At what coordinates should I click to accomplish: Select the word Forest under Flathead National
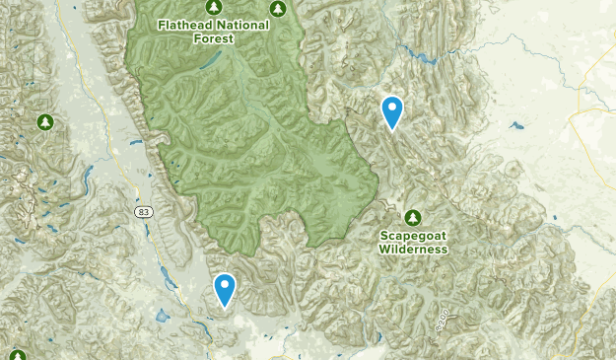tap(214, 39)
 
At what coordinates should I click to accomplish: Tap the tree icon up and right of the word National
tap(278, 8)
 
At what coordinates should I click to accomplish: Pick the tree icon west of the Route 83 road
tap(44, 121)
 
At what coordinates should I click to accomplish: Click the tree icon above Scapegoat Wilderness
tap(413, 217)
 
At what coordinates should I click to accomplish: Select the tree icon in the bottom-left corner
tap(17, 355)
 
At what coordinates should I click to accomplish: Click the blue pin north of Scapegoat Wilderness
tap(393, 111)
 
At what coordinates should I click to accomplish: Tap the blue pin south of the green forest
tap(226, 289)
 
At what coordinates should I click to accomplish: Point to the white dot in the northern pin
tap(393, 108)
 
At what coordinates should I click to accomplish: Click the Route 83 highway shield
tap(144, 212)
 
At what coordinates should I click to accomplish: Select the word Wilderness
tap(414, 250)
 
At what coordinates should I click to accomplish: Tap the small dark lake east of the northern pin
tap(514, 125)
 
